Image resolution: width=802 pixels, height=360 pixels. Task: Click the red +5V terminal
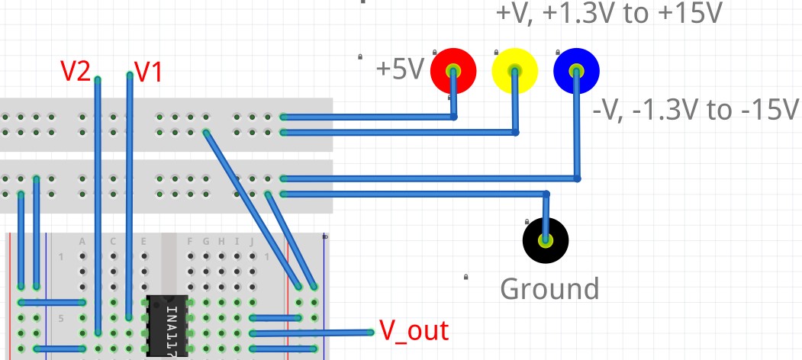pyautogui.click(x=453, y=71)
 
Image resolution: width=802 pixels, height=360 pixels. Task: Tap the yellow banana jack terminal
pyautogui.click(x=515, y=71)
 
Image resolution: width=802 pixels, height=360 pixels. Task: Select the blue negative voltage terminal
pyautogui.click(x=576, y=71)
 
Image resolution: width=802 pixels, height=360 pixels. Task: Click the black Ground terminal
pyautogui.click(x=545, y=241)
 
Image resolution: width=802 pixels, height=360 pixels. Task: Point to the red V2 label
pyautogui.click(x=76, y=71)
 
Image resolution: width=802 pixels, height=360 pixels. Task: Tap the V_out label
pyautogui.click(x=414, y=331)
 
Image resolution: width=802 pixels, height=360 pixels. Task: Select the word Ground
pyautogui.click(x=549, y=289)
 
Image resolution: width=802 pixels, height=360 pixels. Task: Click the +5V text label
pyautogui.click(x=399, y=70)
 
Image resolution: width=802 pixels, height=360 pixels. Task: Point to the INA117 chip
pyautogui.click(x=167, y=325)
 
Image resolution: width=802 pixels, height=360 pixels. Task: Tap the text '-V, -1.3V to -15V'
pyautogui.click(x=694, y=111)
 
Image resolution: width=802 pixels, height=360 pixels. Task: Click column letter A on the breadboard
pyautogui.click(x=82, y=242)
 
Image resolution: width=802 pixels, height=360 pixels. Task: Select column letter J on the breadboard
pyautogui.click(x=252, y=242)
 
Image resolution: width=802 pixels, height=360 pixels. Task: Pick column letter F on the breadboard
pyautogui.click(x=190, y=242)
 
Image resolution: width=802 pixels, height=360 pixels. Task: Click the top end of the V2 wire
pyautogui.click(x=98, y=79)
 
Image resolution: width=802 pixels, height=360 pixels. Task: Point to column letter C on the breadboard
pyautogui.click(x=113, y=242)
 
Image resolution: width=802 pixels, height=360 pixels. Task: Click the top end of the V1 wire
pyautogui.click(x=130, y=76)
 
